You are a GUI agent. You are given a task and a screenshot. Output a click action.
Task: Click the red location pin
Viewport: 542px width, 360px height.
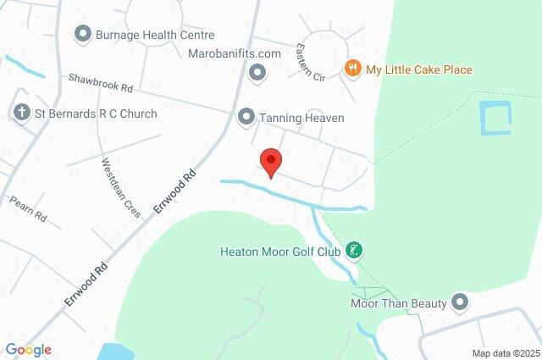tap(270, 161)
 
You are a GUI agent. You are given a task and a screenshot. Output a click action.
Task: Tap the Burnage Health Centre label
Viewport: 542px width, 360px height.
tap(154, 35)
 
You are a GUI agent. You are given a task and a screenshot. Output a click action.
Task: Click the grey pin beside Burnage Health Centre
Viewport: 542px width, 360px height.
tap(83, 35)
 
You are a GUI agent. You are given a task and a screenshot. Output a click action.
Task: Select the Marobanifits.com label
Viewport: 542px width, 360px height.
tap(235, 53)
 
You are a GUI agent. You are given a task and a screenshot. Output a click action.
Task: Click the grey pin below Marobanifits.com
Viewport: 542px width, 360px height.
tap(257, 74)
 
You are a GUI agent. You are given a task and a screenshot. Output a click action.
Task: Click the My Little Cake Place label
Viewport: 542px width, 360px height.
tap(418, 69)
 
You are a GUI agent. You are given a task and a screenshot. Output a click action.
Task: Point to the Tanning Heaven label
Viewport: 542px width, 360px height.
tap(302, 118)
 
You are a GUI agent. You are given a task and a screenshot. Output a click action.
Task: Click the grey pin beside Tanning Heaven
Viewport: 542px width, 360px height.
tap(246, 117)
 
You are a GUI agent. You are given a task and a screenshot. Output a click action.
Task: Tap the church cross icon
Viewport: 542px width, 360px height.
tap(21, 113)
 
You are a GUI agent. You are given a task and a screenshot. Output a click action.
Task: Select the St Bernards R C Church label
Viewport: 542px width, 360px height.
tap(96, 114)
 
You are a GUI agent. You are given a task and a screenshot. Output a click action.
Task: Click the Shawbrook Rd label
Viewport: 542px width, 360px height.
tap(102, 82)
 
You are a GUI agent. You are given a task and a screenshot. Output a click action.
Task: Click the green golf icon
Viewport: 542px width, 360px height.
tap(357, 251)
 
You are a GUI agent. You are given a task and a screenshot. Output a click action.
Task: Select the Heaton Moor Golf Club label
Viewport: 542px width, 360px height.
tap(279, 252)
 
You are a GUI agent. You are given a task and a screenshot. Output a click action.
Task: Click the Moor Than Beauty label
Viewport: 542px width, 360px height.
tap(398, 302)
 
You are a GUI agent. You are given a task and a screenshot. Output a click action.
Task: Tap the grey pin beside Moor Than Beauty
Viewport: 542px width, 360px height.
tap(461, 302)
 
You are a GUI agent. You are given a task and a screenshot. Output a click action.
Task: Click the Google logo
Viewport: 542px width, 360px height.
tap(28, 349)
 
